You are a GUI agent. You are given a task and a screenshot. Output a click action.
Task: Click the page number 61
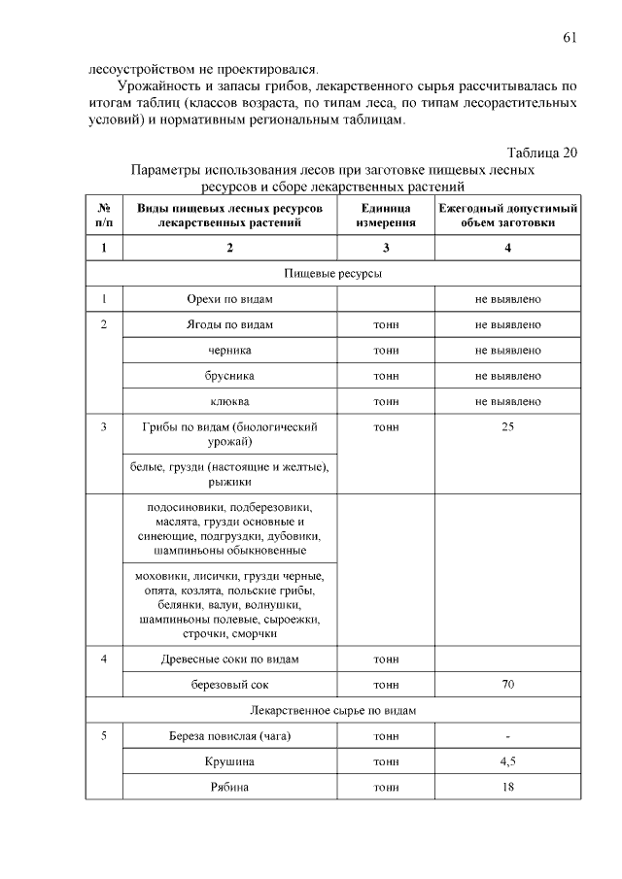[570, 38]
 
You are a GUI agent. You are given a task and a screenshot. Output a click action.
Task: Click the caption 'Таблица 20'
[542, 152]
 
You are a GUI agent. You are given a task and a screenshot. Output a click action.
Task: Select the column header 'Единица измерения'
[386, 216]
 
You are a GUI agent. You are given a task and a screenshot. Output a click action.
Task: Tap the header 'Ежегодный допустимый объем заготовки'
[507, 216]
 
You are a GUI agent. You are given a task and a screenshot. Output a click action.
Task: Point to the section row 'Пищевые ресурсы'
[332, 274]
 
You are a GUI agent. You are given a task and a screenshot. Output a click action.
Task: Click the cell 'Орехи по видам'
[229, 299]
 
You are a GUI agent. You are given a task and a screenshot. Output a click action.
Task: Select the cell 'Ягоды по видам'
[229, 324]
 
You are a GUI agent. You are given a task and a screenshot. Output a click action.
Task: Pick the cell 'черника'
[229, 350]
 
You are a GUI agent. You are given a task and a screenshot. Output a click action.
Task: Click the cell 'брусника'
[229, 375]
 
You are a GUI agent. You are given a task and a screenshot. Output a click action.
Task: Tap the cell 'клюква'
[229, 400]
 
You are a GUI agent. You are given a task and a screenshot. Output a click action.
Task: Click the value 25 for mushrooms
[507, 426]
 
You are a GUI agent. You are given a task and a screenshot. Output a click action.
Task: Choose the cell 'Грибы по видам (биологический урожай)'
[229, 434]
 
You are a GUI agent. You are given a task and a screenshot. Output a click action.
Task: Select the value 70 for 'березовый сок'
[507, 685]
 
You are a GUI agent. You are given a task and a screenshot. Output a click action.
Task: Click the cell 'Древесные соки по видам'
[229, 659]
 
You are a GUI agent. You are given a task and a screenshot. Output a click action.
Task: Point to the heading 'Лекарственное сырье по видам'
[332, 710]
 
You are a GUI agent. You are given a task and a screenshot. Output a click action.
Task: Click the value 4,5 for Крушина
[507, 761]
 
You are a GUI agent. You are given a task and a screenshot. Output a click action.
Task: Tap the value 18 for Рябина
[507, 786]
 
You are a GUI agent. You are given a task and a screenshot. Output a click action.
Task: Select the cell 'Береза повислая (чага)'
[229, 735]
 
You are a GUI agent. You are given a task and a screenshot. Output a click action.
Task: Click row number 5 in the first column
[103, 735]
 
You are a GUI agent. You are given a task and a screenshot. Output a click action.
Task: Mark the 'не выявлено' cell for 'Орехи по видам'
[507, 299]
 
